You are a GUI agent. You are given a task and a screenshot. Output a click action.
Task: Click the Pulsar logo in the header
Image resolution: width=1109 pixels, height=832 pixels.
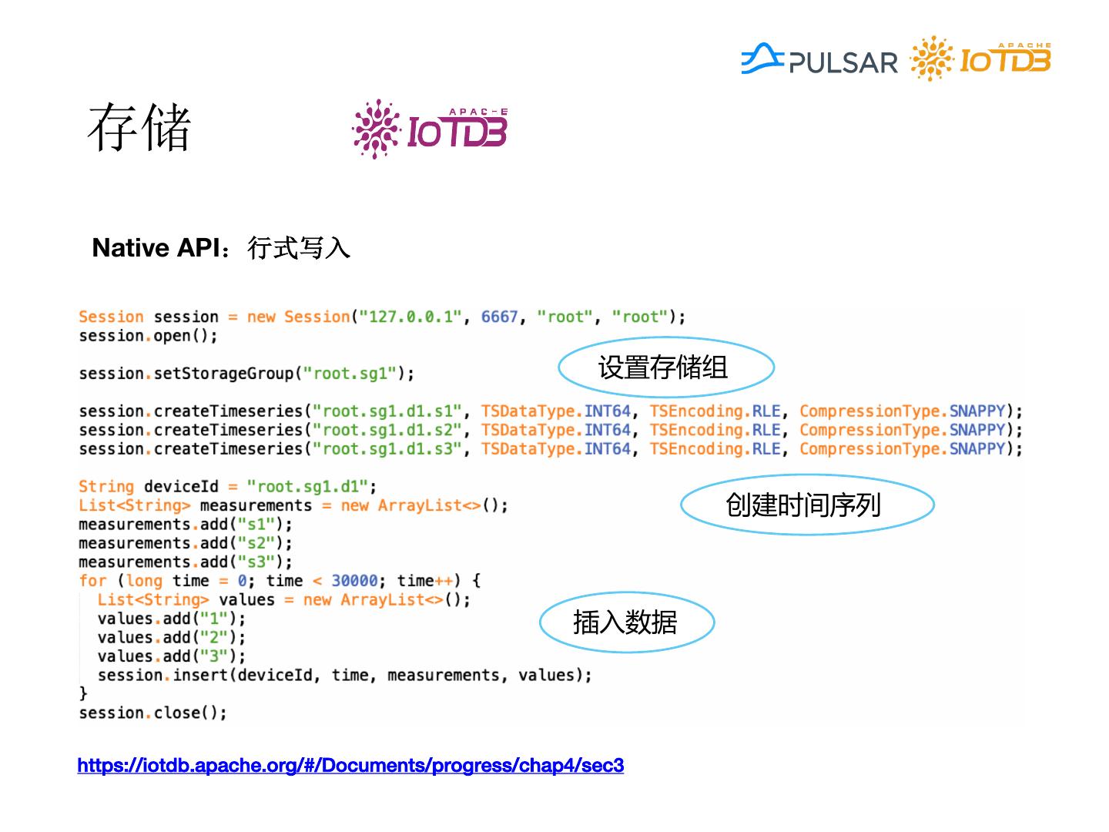(819, 60)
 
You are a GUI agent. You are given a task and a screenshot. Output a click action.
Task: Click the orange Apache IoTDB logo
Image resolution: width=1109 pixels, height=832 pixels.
(980, 59)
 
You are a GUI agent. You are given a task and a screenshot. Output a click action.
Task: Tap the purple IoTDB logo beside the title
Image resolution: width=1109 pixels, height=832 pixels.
(430, 129)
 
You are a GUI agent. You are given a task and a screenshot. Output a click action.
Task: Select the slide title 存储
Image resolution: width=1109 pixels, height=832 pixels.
(139, 128)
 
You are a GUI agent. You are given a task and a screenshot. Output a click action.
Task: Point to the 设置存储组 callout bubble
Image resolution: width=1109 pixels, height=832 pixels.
(665, 367)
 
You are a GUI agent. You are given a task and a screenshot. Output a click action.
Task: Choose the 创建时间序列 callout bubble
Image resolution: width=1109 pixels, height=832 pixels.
(806, 505)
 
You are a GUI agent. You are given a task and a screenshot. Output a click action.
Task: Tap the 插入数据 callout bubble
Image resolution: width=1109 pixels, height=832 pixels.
(626, 622)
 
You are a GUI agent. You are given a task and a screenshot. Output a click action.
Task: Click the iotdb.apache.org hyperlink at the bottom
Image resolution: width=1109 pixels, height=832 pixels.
(350, 766)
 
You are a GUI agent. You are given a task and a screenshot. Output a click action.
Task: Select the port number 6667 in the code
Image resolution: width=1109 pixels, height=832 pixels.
(499, 317)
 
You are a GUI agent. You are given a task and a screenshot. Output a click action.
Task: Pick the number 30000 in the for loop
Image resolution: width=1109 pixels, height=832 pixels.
(354, 581)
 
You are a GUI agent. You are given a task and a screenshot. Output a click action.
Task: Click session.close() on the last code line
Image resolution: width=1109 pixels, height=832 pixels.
(152, 713)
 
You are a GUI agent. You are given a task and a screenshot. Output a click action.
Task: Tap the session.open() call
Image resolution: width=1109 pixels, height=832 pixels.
(148, 336)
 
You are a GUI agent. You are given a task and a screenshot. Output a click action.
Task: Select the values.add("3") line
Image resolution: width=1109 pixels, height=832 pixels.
(171, 656)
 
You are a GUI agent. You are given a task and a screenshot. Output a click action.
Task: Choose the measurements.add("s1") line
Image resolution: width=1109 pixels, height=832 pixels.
(185, 525)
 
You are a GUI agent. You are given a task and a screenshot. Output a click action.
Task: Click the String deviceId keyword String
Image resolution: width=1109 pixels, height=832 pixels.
(106, 487)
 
